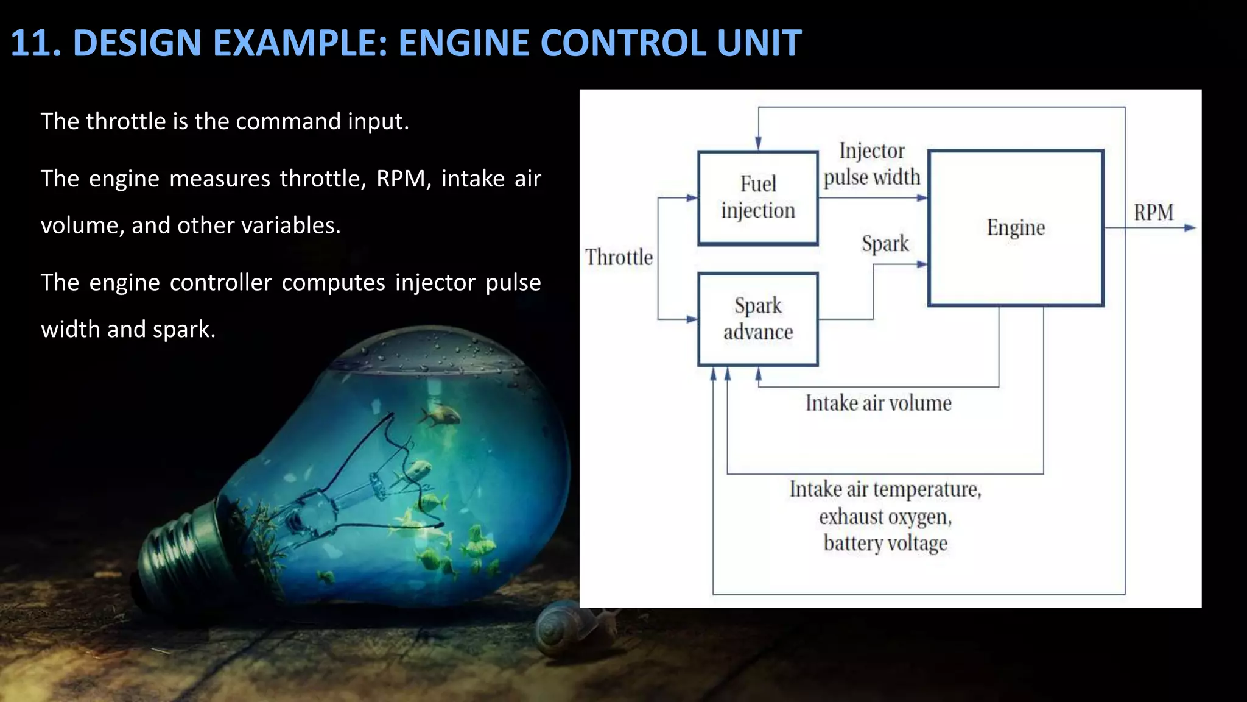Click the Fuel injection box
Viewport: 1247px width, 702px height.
point(757,197)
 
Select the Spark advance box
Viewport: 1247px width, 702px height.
point(757,319)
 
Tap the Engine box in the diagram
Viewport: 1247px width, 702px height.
point(1016,227)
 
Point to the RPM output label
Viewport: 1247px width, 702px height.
point(1153,213)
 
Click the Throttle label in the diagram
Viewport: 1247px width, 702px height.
point(619,257)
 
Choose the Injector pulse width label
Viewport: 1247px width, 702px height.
point(872,164)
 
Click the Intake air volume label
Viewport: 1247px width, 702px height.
point(878,403)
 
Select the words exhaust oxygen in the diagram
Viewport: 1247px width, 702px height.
point(885,517)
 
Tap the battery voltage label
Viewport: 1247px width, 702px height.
point(885,542)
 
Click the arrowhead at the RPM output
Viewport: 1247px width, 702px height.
point(1190,228)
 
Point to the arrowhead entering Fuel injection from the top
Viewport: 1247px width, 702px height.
point(758,143)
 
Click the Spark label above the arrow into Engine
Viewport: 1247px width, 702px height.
point(885,243)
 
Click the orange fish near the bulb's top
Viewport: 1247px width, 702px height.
point(438,416)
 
